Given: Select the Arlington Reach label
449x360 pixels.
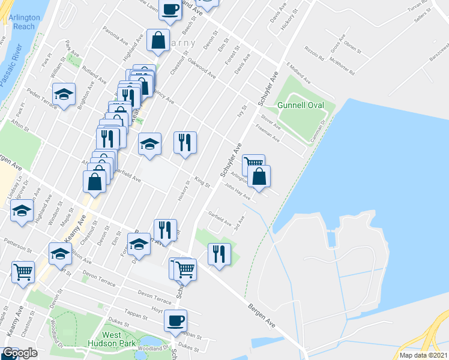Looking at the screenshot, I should pos(24,22).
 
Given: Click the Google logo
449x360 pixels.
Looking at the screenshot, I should pos(20,353).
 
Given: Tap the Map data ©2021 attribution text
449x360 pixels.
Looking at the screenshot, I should pos(424,355).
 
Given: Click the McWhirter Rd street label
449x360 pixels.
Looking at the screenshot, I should pos(340,63).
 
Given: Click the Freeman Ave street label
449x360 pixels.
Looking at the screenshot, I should pos(268,133).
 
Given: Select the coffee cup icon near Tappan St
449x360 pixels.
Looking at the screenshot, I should pos(175,320).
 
